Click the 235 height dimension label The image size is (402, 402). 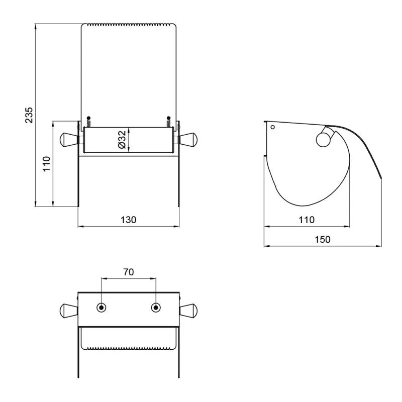point(29,115)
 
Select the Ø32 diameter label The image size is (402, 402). point(122,140)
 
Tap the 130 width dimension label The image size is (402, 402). point(128,220)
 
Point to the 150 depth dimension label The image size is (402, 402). point(322,240)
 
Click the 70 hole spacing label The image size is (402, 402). point(129,272)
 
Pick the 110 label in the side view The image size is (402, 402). point(307,220)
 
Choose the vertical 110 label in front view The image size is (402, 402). point(46,164)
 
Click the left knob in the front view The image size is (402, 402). point(69,140)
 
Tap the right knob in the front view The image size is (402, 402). point(188,140)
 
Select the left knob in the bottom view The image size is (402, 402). point(69,310)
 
